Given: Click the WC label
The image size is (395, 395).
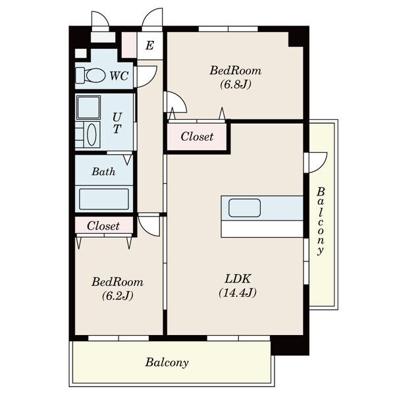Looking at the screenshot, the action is point(119,76).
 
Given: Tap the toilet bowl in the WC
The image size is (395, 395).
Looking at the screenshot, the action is point(95,76).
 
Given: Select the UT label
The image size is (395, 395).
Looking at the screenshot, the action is point(117,123).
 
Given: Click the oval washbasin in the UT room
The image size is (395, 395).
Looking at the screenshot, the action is point(92,134).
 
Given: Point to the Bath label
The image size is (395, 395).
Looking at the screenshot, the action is point(103,172).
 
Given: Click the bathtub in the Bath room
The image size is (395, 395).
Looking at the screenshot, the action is point(104,199).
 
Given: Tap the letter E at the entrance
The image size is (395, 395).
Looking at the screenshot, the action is point(149,45).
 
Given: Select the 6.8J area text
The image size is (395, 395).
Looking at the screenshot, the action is point(236,84).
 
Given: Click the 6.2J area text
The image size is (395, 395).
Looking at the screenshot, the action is point(117,296).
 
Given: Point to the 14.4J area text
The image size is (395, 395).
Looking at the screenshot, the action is point(238,293).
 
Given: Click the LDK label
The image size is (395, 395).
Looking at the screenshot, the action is point(238,279).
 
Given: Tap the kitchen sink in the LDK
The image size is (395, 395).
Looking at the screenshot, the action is point(244,208).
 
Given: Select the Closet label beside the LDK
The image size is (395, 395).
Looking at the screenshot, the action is point(197,136).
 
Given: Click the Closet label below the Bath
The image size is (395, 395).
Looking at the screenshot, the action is point(103,226).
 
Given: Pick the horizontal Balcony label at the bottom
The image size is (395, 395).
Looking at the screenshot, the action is point(167,363).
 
